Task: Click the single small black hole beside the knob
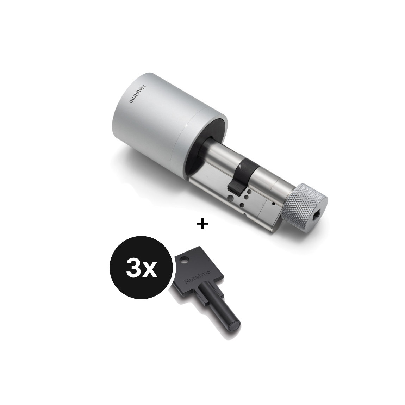pos(273,203)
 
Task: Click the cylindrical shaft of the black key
pos(218,306)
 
